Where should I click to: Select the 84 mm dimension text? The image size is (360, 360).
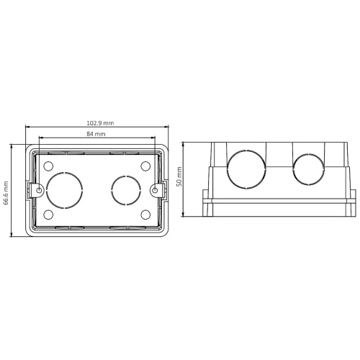pyautogui.click(x=96, y=135)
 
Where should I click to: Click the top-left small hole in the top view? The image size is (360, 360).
pyautogui.click(x=48, y=166)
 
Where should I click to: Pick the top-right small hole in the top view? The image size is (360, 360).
pyautogui.click(x=145, y=166)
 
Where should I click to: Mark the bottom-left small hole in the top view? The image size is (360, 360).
pyautogui.click(x=48, y=215)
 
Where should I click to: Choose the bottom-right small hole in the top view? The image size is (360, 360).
pyautogui.click(x=145, y=215)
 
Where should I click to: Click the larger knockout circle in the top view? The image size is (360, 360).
pyautogui.click(x=66, y=190)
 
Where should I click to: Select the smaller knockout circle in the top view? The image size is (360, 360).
pyautogui.click(x=125, y=190)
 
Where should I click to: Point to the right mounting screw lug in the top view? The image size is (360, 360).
pyautogui.click(x=157, y=190)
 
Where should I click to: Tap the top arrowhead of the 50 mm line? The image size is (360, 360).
pyautogui.click(x=185, y=143)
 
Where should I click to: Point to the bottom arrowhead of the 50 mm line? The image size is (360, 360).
pyautogui.click(x=185, y=215)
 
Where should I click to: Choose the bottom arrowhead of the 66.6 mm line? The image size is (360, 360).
pyautogui.click(x=12, y=235)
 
